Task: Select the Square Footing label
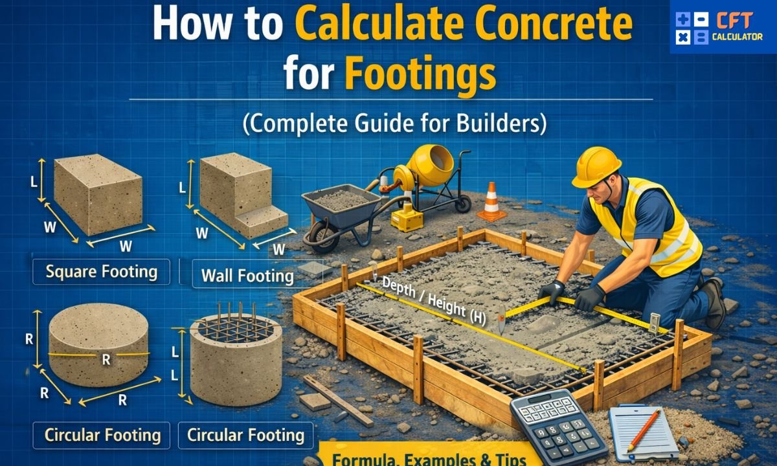pyautogui.click(x=101, y=272)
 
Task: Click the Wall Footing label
pyautogui.click(x=247, y=276)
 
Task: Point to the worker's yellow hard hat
pyautogui.click(x=596, y=166)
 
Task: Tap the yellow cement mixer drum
pyautogui.click(x=431, y=162)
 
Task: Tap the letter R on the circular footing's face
pyautogui.click(x=106, y=361)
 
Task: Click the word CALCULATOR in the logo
pyautogui.click(x=737, y=37)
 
